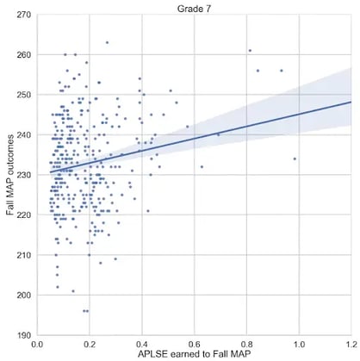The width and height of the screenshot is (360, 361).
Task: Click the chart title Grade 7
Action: pos(195,7)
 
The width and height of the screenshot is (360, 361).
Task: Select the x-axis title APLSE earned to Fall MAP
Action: pos(195,354)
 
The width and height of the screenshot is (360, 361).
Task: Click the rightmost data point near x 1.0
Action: pos(295,159)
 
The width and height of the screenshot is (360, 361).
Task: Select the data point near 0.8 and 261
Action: pos(250,50)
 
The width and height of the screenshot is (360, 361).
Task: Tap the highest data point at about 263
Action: pos(107,42)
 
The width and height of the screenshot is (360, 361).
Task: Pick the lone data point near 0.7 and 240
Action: pos(218,134)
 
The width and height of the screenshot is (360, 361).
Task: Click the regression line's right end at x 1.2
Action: pos(351,102)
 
